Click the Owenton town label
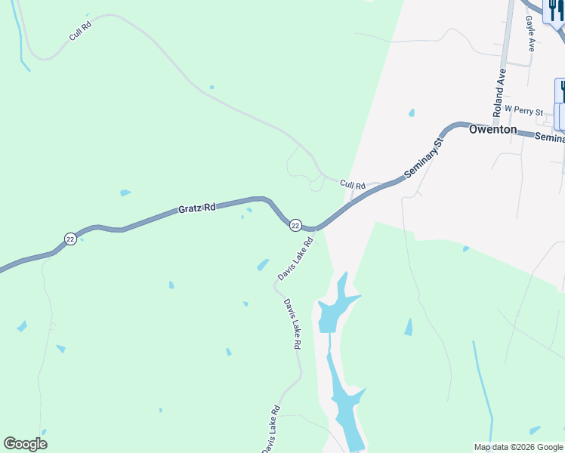(x=492, y=129)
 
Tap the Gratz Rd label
(x=196, y=208)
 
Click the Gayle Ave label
(x=530, y=35)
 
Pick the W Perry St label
(x=523, y=111)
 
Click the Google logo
(x=25, y=444)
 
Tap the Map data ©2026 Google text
(x=518, y=447)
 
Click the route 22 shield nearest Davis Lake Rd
(x=295, y=225)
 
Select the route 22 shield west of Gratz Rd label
(x=70, y=239)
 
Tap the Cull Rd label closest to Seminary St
(x=352, y=184)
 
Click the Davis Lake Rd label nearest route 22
(x=295, y=259)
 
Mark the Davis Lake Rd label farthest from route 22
(x=271, y=430)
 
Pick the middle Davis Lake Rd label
(x=292, y=323)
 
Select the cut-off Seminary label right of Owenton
(x=549, y=137)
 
